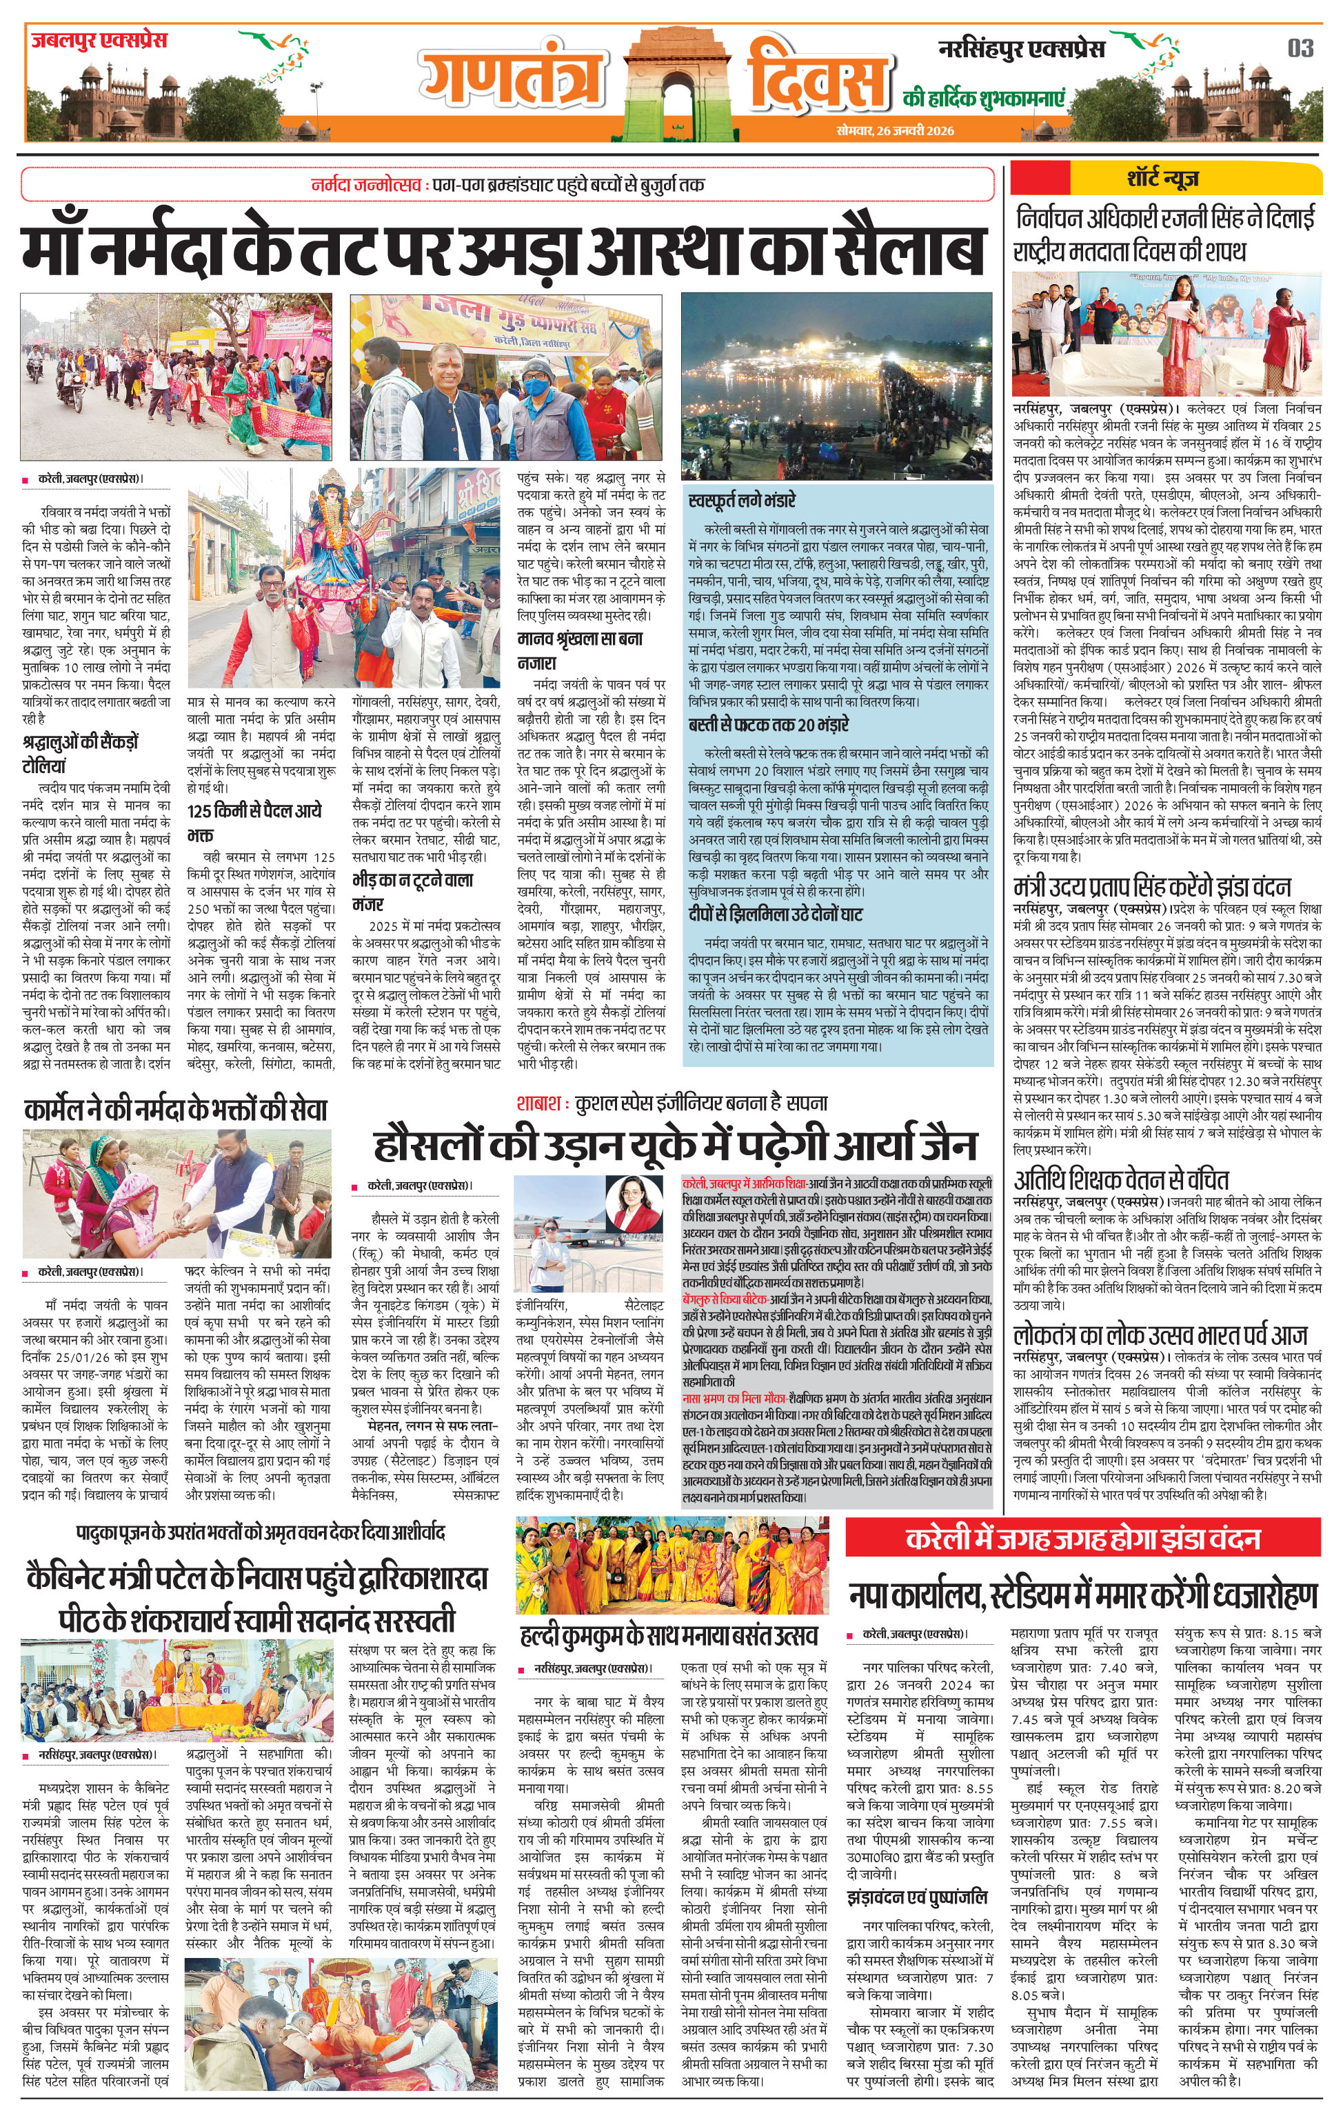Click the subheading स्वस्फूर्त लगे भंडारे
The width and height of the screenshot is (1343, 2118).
tap(743, 501)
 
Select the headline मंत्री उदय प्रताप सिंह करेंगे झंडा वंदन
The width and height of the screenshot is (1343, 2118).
tap(1152, 885)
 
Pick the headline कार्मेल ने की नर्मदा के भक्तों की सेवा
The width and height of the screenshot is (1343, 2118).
tap(176, 1110)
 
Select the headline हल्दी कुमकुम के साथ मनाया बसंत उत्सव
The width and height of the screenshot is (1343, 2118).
tap(669, 1635)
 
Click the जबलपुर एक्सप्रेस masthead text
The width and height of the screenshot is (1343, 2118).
tap(99, 41)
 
